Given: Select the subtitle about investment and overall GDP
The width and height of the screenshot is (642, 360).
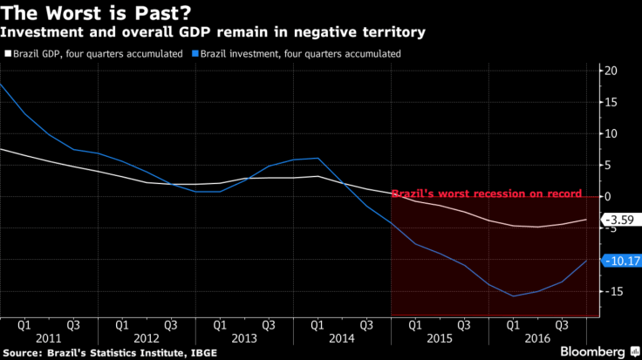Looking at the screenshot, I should [213, 32].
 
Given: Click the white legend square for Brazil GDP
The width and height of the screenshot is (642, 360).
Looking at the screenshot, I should [8, 54].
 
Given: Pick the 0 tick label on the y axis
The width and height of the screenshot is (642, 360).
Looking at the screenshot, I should [611, 197].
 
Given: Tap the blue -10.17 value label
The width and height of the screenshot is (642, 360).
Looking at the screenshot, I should [622, 261].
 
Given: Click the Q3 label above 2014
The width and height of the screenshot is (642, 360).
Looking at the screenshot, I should [367, 324].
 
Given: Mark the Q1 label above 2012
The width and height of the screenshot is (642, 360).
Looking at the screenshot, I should [123, 324].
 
